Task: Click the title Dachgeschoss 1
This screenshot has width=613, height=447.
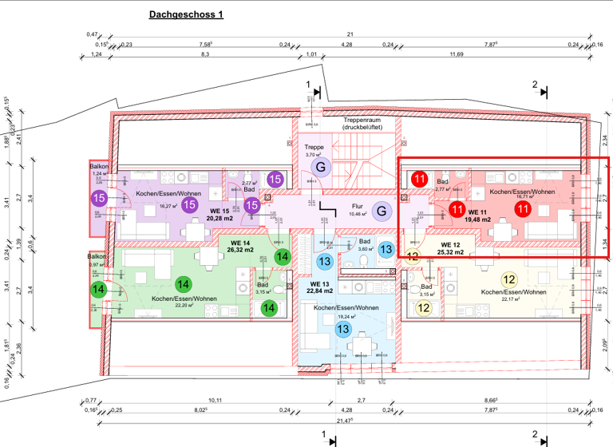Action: pos(187,14)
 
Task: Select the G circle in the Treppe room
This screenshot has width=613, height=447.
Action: pos(321,167)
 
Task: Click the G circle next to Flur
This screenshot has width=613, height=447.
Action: pos(381,211)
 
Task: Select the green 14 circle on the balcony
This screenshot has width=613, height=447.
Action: pos(99,289)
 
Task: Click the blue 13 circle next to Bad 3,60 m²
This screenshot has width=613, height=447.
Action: pos(386,250)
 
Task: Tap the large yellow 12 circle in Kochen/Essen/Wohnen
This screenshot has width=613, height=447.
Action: pos(509,279)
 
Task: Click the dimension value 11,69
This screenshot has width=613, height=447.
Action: pos(457,54)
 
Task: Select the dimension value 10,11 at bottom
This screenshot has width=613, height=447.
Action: pos(214,399)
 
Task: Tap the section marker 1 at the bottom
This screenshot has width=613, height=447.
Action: pos(325,436)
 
